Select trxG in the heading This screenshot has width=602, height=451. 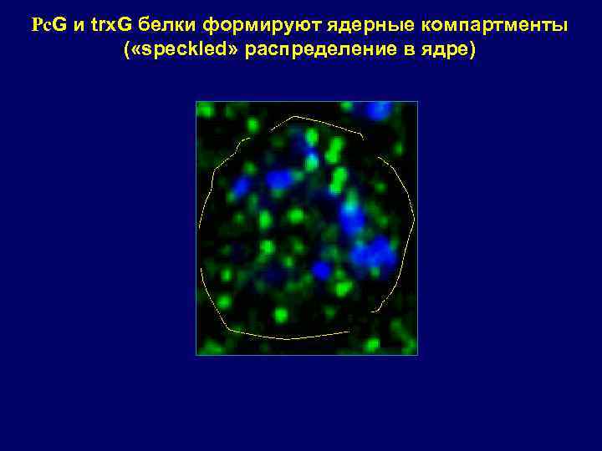110,25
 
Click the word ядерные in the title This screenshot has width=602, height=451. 342,25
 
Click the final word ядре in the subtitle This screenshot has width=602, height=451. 449,50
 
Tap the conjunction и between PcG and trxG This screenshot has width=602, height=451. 78,25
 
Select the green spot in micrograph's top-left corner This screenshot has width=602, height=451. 205,109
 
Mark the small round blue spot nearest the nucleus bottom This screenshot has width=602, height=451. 321,270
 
